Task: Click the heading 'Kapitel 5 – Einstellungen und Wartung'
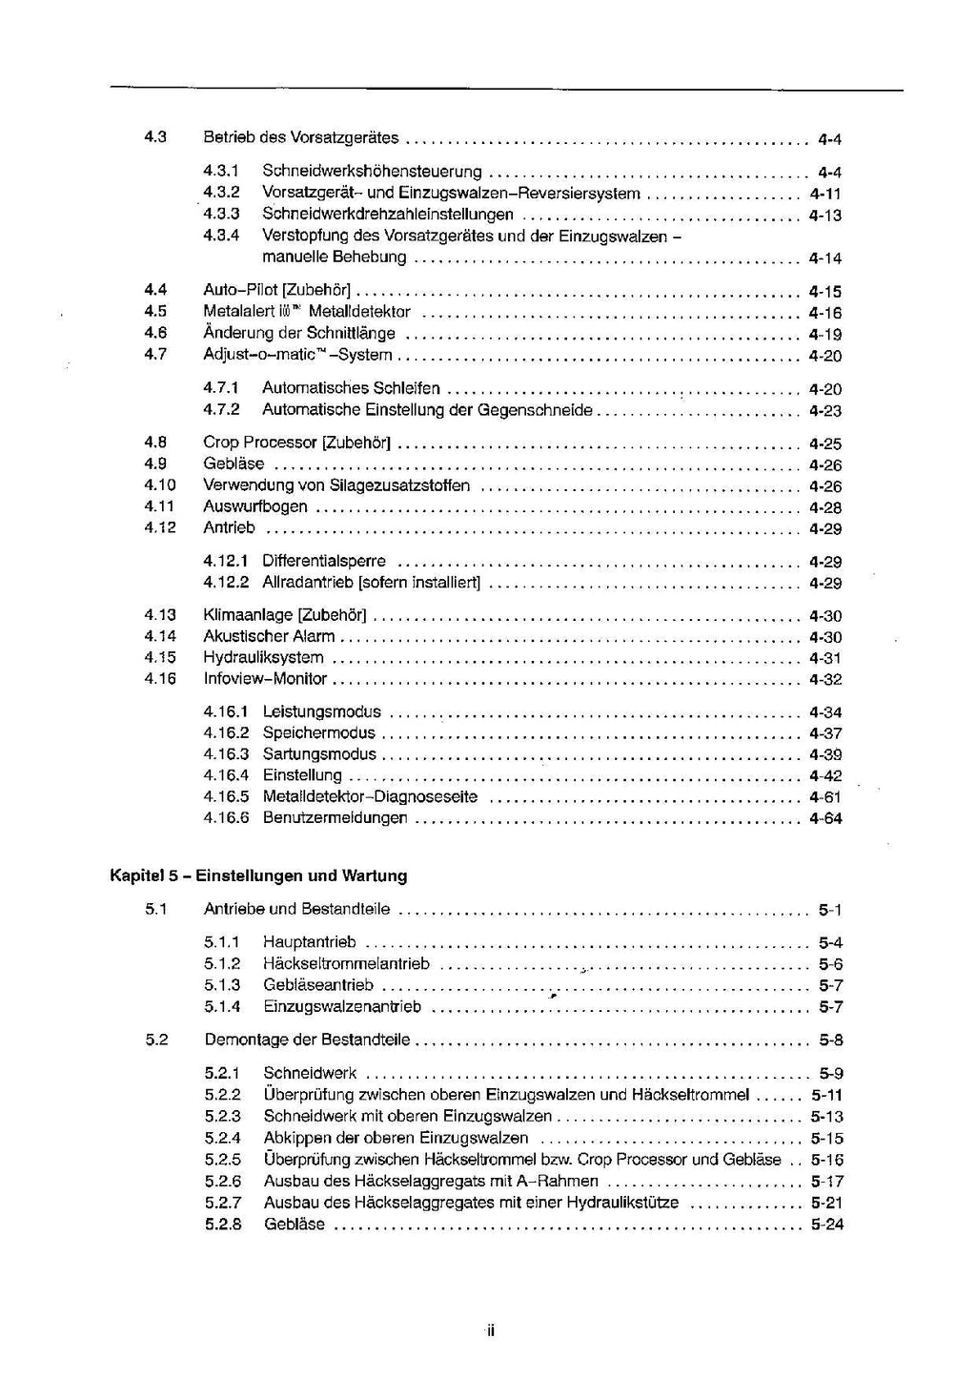(x=258, y=875)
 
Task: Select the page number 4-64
(x=824, y=818)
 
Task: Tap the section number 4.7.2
(x=221, y=410)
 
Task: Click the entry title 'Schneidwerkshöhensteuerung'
(x=372, y=172)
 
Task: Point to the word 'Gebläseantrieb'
(x=318, y=985)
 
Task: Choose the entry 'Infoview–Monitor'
(x=265, y=679)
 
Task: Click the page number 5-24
(x=826, y=1225)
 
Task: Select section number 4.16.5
(x=226, y=796)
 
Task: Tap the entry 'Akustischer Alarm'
(x=269, y=636)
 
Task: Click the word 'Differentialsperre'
(x=324, y=562)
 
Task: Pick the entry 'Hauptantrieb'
(x=310, y=942)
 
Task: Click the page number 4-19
(x=824, y=334)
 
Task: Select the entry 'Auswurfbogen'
(x=255, y=506)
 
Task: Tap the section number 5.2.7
(x=223, y=1203)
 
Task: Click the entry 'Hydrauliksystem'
(x=263, y=657)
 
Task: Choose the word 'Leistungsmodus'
(x=322, y=711)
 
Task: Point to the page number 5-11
(x=826, y=1095)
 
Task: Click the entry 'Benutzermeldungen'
(x=335, y=818)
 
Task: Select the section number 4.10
(x=160, y=485)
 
